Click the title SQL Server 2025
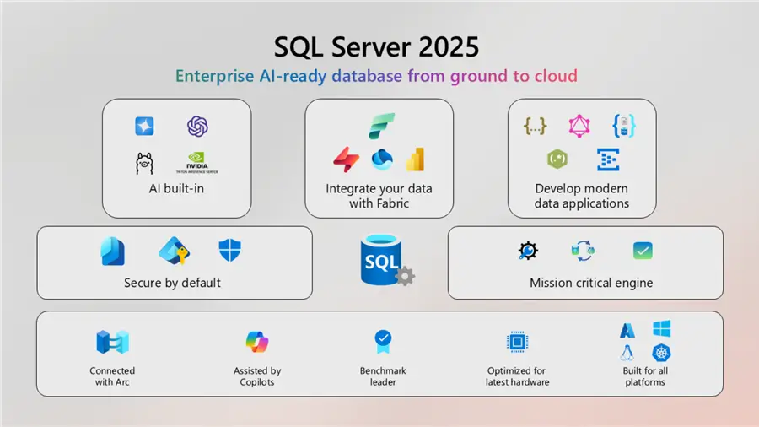(x=379, y=45)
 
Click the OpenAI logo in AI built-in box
(x=197, y=127)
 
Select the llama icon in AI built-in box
(x=145, y=162)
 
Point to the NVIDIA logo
(x=197, y=162)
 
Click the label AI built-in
(x=177, y=189)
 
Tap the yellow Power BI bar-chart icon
(x=414, y=159)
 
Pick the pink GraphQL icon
(x=579, y=127)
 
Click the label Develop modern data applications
(x=582, y=196)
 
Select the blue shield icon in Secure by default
(x=229, y=250)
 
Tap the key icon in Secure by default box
(x=174, y=250)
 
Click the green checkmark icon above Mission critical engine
(x=643, y=251)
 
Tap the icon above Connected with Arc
(x=111, y=342)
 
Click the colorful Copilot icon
(x=256, y=342)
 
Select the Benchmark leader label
(x=384, y=376)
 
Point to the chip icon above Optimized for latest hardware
(x=516, y=342)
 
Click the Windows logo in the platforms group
(x=660, y=328)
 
